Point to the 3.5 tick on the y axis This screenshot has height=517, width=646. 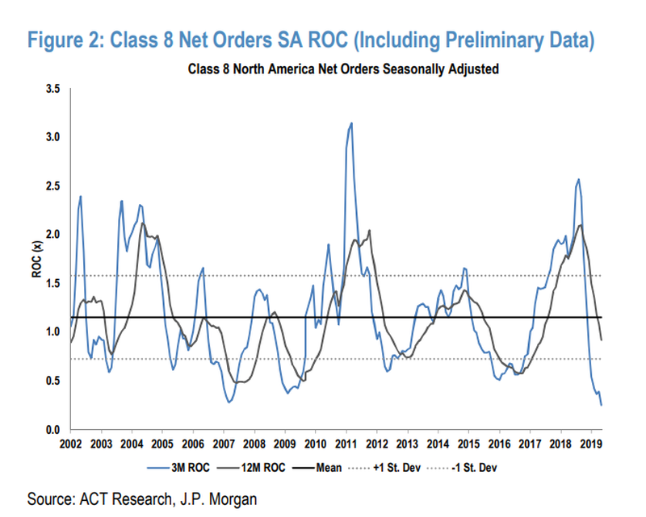tap(51, 88)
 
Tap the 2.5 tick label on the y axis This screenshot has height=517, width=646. tap(51, 186)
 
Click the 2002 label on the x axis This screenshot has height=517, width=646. tap(70, 444)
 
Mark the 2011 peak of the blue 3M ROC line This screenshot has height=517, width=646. tap(351, 123)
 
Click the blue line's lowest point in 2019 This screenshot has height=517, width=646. tap(601, 404)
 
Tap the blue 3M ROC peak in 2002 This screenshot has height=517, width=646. tap(81, 196)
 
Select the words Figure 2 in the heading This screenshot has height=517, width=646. tap(66, 39)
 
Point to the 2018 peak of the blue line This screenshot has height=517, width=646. tap(578, 179)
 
